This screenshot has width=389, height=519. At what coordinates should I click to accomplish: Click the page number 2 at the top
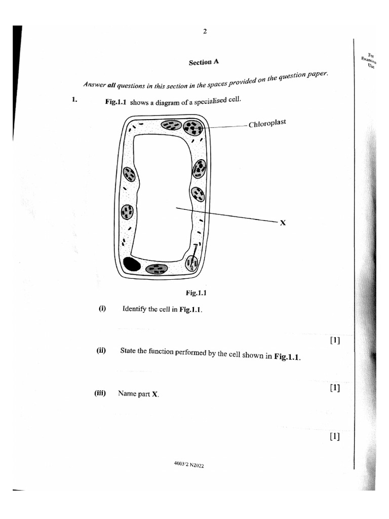(205, 31)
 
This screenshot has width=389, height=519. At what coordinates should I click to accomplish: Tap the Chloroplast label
(267, 123)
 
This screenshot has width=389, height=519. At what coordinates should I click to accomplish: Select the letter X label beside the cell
(283, 222)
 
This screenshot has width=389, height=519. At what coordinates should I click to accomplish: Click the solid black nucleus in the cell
(132, 264)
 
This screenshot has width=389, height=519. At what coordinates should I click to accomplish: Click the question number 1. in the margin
(74, 99)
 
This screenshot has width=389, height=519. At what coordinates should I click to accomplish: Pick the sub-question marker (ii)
(101, 350)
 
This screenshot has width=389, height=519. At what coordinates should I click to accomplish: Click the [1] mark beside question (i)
(335, 341)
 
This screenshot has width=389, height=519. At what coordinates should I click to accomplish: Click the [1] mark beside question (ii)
(334, 388)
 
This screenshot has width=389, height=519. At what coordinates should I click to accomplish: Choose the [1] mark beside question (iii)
(334, 436)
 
